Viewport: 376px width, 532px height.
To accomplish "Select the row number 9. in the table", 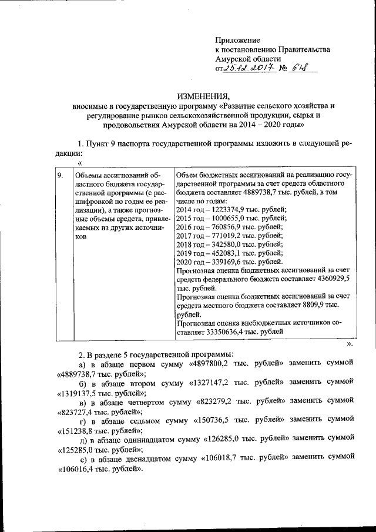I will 61,175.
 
